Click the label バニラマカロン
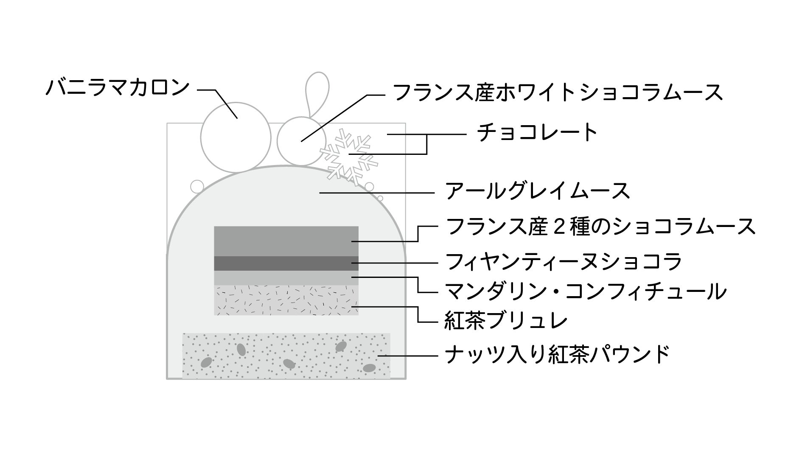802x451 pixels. coord(118,87)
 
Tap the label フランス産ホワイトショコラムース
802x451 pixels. coord(558,92)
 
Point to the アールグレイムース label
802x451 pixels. coord(537,191)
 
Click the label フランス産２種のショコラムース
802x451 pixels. coord(600,227)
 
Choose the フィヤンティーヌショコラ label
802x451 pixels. coord(563,261)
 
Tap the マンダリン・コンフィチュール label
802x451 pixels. coord(585,291)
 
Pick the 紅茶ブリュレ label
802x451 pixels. coord(505,321)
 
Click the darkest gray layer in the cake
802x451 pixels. coord(286,263)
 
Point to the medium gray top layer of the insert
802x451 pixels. coord(286,241)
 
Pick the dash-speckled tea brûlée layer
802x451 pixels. coord(286,300)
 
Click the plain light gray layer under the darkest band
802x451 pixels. coord(286,278)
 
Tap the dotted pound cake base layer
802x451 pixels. coord(286,356)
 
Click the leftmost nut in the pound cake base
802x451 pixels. coord(206,362)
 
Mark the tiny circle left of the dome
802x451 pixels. coord(197,186)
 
